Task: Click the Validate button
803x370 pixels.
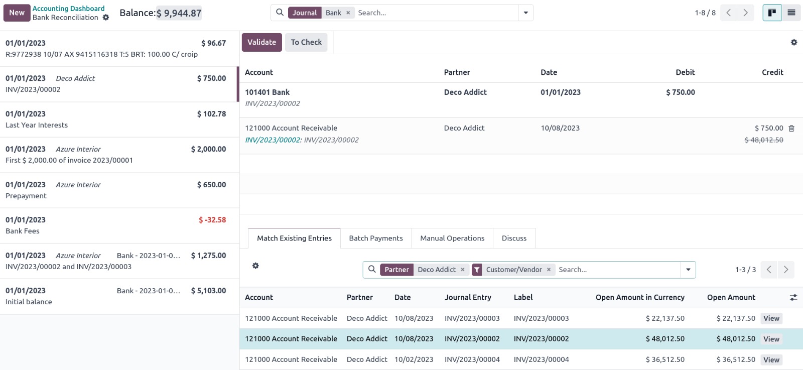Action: coord(261,42)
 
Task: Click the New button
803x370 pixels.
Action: coord(17,13)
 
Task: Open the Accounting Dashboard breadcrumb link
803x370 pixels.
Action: coord(68,9)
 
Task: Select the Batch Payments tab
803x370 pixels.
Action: coord(376,238)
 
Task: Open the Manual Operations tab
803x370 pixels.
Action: coord(452,238)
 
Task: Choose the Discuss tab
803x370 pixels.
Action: coord(514,238)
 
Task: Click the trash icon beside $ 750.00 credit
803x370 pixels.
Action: coord(791,128)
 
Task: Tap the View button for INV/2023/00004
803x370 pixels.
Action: coord(771,359)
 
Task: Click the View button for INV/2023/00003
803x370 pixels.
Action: coord(771,318)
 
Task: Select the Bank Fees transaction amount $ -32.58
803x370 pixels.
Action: coord(212,220)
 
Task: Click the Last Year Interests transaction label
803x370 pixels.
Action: coord(37,125)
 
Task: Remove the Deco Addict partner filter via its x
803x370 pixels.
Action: coord(463,270)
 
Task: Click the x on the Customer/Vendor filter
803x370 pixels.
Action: coord(549,270)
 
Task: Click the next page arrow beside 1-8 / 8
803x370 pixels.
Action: coord(745,13)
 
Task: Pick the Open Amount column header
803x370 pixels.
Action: coord(731,297)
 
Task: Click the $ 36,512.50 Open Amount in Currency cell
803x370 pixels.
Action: coord(665,359)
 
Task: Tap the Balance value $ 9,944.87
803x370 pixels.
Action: coord(179,13)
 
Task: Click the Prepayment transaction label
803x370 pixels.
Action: coord(26,196)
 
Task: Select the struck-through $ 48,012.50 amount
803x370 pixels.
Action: coord(764,140)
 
